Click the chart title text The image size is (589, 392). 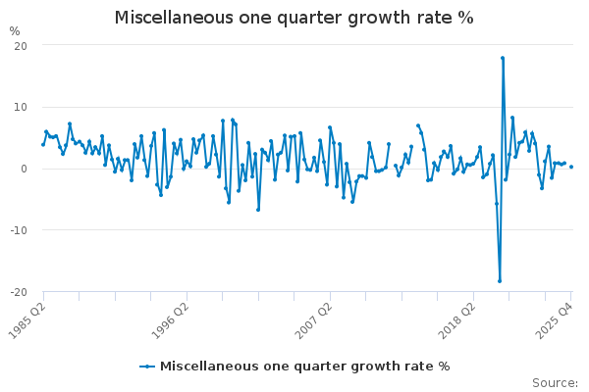tap(294, 18)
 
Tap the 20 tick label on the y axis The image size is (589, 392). tap(21, 46)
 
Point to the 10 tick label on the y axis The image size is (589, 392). tap(21, 107)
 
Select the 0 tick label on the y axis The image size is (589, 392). tap(24, 169)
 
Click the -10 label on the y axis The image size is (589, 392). tap(19, 230)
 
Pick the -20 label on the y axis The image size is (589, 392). tap(19, 292)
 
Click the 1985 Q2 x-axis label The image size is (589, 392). tap(27, 320)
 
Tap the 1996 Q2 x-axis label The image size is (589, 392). tap(171, 320)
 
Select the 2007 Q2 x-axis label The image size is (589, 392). tap(314, 320)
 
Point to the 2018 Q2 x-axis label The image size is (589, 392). tap(457, 320)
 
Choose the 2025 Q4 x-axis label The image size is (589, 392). tap(555, 320)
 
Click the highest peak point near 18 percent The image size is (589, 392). tap(503, 58)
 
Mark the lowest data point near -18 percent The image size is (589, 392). tap(500, 281)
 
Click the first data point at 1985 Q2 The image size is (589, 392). tap(43, 144)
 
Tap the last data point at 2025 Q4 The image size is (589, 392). tap(571, 167)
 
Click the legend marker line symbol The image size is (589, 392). tap(147, 367)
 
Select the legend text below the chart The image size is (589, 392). tap(305, 367)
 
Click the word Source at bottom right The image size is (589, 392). tap(555, 383)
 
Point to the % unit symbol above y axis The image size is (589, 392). tap(15, 31)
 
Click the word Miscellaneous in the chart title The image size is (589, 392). tap(174, 18)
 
